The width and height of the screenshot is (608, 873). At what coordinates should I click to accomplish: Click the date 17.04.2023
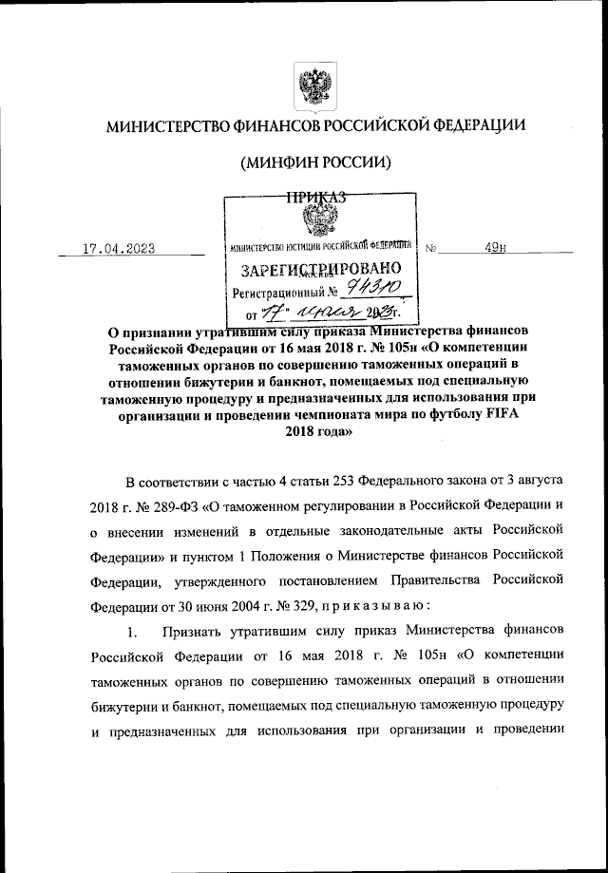pos(119,249)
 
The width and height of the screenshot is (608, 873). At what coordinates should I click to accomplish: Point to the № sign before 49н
pos(432,250)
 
